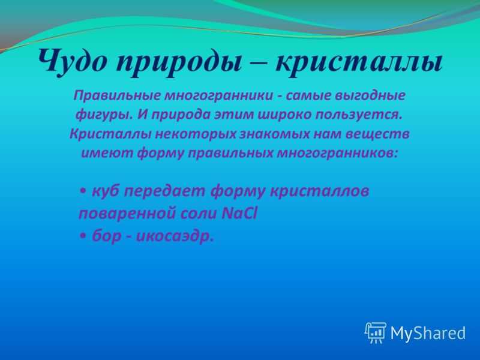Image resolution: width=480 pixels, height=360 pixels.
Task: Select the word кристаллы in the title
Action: pyautogui.click(x=359, y=64)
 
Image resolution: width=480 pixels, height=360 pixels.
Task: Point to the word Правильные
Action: pyautogui.click(x=117, y=95)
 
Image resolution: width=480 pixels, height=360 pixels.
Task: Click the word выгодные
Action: pyautogui.click(x=370, y=95)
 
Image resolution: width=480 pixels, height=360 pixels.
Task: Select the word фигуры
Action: pyautogui.click(x=104, y=115)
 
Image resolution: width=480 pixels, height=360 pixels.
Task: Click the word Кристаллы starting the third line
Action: pyautogui.click(x=110, y=134)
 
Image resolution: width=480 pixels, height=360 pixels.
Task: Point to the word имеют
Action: pyautogui.click(x=107, y=153)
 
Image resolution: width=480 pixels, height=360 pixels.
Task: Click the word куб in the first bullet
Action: pyautogui.click(x=106, y=191)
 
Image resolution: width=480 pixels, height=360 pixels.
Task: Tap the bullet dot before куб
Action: pyautogui.click(x=83, y=191)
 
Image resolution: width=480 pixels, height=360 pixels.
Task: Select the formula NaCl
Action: pyautogui.click(x=239, y=214)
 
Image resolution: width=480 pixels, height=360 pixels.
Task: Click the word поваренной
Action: pyautogui.click(x=127, y=214)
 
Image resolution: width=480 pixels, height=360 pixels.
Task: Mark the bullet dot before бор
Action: pyautogui.click(x=83, y=236)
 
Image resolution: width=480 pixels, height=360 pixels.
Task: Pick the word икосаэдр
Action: pyautogui.click(x=175, y=236)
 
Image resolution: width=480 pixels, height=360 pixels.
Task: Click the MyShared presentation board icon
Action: pyautogui.click(x=376, y=332)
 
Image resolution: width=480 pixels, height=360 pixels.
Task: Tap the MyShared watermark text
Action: pyautogui.click(x=428, y=333)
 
